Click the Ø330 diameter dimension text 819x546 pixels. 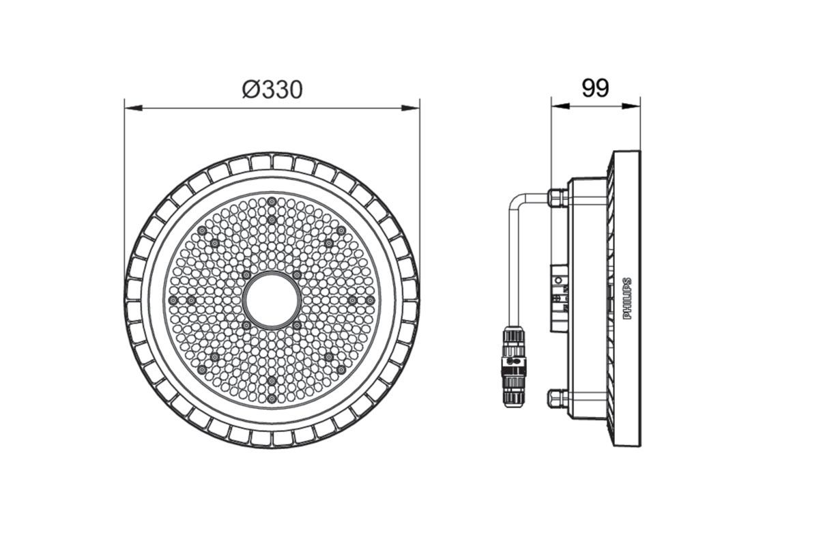coord(272,89)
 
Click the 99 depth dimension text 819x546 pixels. coord(595,88)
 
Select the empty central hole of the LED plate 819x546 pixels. coord(272,300)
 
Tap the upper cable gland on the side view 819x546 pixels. coord(558,197)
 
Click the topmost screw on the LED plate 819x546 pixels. coord(272,201)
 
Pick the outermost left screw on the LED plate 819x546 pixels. coord(173,300)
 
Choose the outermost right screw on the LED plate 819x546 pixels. coord(370,300)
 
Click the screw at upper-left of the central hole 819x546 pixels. coord(246,274)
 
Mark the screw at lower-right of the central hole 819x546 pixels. coord(298,326)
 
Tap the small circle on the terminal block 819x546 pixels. coord(560,281)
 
